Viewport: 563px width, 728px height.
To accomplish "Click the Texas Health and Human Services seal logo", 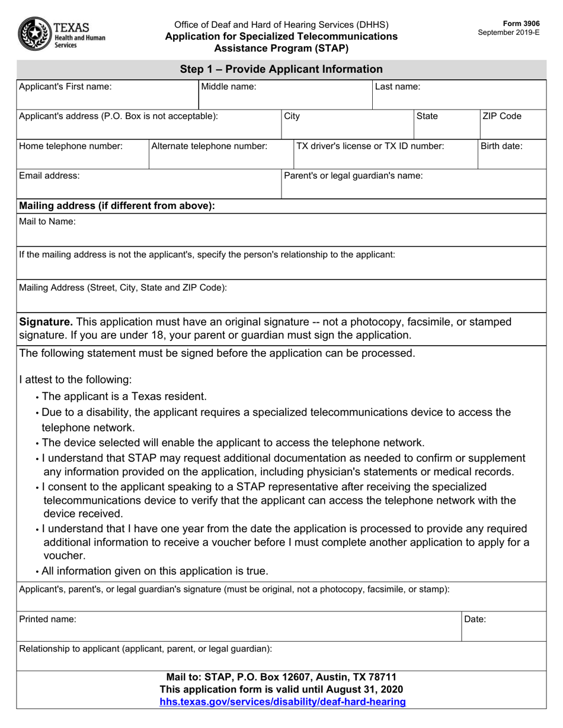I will (35, 34).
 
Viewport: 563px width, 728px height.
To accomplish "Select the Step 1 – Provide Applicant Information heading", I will (281, 69).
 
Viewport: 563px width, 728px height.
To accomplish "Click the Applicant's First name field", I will (107, 95).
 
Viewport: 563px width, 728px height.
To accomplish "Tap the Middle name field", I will (285, 95).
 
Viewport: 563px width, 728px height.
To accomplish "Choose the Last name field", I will (459, 95).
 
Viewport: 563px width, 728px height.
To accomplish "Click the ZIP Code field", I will (512, 124).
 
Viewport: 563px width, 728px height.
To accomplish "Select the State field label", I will (427, 117).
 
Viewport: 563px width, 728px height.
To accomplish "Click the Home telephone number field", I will (82, 154).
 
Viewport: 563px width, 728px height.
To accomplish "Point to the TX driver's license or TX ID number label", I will (370, 146).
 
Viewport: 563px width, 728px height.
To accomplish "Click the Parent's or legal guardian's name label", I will (353, 176).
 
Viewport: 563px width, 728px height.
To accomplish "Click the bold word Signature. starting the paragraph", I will (46, 322).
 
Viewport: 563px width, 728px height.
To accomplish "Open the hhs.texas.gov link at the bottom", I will (283, 702).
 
